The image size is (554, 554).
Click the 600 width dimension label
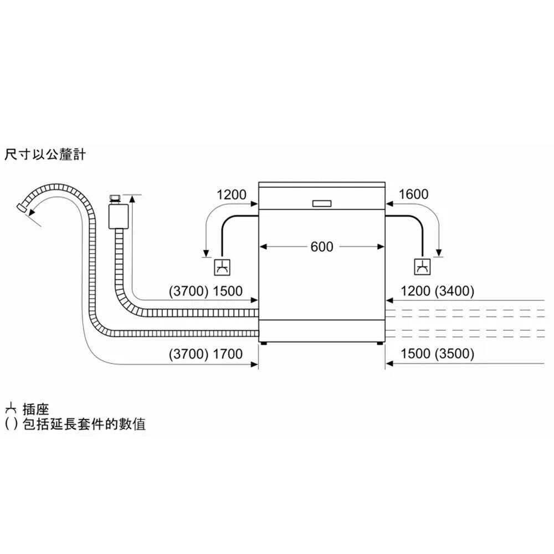tap(322, 247)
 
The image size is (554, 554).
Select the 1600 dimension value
tap(413, 194)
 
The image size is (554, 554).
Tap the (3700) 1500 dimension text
tap(206, 291)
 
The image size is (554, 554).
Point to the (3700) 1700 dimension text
tap(206, 353)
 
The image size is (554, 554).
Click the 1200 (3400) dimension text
tap(437, 291)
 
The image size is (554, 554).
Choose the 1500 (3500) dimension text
tap(437, 353)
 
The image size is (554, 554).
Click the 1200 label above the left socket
tap(231, 194)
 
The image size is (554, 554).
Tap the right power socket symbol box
tap(422, 268)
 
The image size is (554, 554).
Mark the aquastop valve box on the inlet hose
tap(117, 216)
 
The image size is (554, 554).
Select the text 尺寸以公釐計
tap(45, 155)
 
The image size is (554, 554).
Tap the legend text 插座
tap(36, 410)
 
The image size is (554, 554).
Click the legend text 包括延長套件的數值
tap(84, 425)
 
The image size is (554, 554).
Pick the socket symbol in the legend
tap(9, 409)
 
